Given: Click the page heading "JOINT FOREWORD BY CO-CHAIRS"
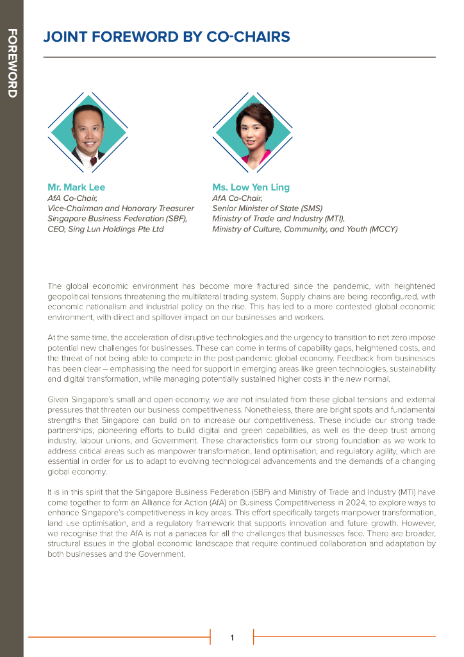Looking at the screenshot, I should pyautogui.click(x=166, y=37).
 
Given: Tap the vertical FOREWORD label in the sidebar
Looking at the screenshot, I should pyautogui.click(x=12, y=63).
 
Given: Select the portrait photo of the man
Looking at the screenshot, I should pyautogui.click(x=88, y=132).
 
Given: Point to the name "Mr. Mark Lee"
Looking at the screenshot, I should pyautogui.click(x=76, y=187).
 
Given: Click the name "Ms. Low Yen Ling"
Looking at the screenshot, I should pyautogui.click(x=251, y=187).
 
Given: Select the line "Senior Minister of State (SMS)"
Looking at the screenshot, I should pyautogui.click(x=267, y=208).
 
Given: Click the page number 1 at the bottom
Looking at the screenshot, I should pyautogui.click(x=232, y=637).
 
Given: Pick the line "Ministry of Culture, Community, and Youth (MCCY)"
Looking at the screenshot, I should pyautogui.click(x=305, y=228).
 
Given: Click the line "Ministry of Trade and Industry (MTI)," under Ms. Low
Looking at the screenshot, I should pyautogui.click(x=278, y=218).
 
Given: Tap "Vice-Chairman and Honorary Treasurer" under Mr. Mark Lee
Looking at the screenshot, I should pyautogui.click(x=120, y=208).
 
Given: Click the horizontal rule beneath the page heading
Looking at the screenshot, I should pyautogui.click(x=239, y=57).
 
